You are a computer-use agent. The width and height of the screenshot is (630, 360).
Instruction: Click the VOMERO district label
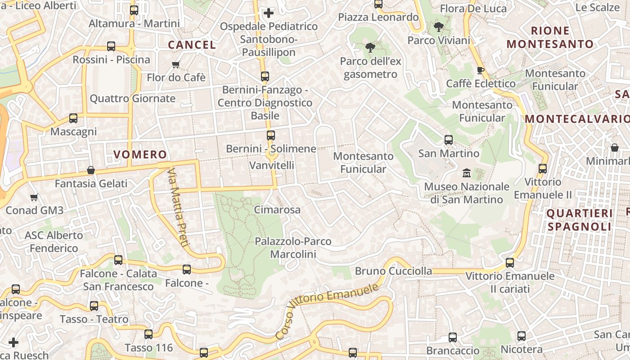(x=140, y=154)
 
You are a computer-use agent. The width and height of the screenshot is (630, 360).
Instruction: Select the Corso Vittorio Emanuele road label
(x=327, y=310)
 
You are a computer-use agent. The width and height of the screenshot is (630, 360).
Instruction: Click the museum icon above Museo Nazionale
(x=466, y=172)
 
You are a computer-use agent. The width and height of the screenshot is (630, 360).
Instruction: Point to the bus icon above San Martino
(x=449, y=139)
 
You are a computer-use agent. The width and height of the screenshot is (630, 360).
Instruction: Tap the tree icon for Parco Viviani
(x=438, y=27)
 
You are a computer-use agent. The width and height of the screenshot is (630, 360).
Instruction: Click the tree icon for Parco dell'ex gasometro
(x=370, y=47)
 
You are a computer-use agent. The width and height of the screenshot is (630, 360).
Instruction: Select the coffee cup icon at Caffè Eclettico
(x=480, y=70)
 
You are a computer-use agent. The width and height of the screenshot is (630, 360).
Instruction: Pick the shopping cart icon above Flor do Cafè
(x=176, y=64)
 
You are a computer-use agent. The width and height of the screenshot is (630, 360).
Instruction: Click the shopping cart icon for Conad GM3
(x=34, y=197)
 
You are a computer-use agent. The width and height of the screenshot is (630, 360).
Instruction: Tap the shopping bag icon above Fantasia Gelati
(x=91, y=170)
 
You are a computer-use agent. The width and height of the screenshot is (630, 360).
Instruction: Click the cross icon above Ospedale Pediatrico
(x=269, y=13)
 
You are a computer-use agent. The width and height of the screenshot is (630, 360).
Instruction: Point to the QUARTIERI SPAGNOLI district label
(x=580, y=220)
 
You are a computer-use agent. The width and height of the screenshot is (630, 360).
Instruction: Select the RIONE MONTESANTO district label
(x=550, y=37)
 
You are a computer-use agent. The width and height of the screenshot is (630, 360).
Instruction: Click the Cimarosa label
(x=277, y=210)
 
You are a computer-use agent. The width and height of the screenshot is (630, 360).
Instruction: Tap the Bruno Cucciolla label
(x=393, y=271)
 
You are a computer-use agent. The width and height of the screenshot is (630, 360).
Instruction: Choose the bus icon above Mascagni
(x=73, y=118)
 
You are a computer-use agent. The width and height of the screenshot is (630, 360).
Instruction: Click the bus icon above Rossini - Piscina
(x=111, y=46)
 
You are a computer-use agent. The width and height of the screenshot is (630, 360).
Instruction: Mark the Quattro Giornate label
(x=133, y=98)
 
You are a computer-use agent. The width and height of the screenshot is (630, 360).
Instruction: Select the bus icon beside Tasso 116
(x=148, y=334)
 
